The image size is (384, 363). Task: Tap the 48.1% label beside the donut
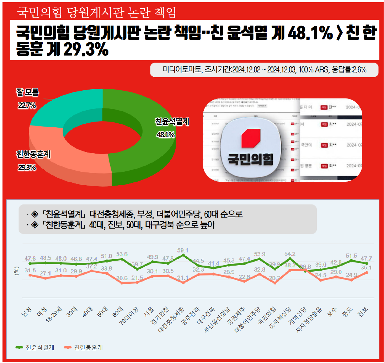pos(166,135)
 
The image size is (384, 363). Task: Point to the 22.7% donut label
pos(27,105)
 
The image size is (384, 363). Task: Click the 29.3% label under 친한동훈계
pos(27,167)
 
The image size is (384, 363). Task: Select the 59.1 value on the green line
pos(183,251)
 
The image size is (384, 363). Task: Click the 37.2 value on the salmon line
pos(92,266)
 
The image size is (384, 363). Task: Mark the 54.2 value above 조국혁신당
pos(290,254)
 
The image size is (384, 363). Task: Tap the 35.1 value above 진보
pos(366,268)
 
